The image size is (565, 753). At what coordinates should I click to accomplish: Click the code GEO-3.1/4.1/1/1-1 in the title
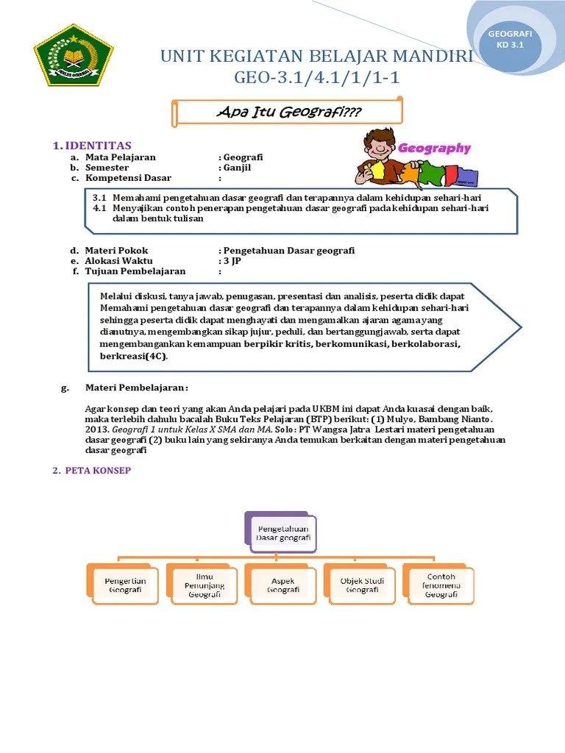[317, 77]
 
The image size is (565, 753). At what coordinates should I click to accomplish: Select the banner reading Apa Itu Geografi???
[289, 112]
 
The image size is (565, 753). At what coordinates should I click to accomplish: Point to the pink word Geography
[434, 148]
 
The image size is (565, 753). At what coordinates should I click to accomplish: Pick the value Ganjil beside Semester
[236, 168]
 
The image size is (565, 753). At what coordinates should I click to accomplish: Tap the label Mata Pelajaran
[121, 157]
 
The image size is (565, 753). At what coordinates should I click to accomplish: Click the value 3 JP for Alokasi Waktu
[230, 261]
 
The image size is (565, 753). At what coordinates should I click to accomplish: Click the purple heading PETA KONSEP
[96, 471]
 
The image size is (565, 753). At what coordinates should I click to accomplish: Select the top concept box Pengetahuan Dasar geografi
[283, 533]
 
